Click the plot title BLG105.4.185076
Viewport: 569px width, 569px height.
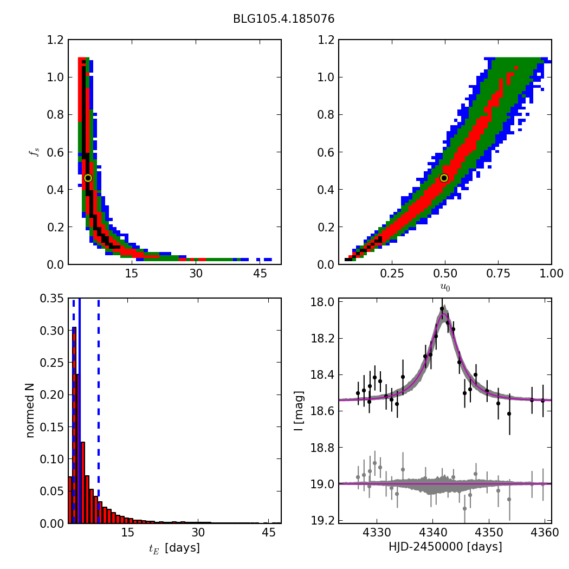coord(283,19)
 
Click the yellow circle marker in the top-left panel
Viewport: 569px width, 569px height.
coord(88,178)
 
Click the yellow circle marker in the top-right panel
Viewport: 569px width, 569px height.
coord(444,178)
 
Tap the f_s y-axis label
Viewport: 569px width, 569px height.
coord(33,152)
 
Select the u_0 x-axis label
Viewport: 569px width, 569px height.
coord(444,287)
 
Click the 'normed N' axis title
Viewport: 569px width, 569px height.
coord(30,411)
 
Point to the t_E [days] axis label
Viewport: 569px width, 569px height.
coord(174,548)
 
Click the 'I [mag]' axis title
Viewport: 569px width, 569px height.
coord(299,411)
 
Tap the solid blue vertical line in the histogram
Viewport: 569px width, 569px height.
coord(79,411)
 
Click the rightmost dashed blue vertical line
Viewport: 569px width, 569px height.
coord(98,411)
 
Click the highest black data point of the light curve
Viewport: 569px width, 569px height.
coord(442,309)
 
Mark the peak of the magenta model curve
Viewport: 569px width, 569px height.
coord(443,314)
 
